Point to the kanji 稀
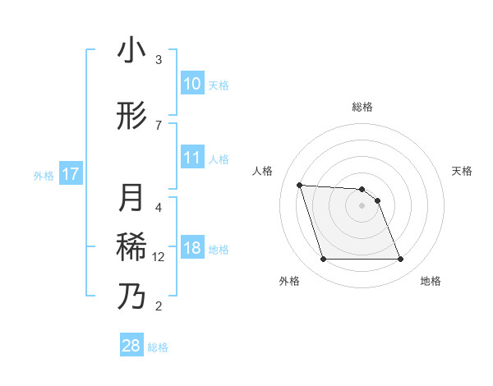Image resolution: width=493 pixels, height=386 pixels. point(131,247)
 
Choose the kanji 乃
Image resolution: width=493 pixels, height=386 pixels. point(131,296)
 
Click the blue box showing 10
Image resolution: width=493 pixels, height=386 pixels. point(192,84)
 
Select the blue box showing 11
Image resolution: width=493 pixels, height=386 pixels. point(192,158)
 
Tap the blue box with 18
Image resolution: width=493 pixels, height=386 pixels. point(192,248)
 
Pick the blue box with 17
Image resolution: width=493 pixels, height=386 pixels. point(70,174)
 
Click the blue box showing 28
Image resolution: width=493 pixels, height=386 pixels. point(131,346)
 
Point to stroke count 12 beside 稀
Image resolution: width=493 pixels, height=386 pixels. point(159,257)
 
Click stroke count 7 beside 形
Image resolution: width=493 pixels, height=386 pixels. point(159,126)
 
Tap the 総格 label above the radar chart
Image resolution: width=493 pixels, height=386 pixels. point(362,107)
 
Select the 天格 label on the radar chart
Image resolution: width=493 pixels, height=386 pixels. point(463,171)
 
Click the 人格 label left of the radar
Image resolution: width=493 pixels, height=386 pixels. point(263,171)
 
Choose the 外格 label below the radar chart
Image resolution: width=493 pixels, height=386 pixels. point(289,281)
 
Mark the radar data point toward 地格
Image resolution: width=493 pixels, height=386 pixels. point(401,260)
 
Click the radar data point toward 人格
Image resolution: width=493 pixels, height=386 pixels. point(299,185)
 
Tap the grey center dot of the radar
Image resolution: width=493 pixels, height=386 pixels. point(362,205)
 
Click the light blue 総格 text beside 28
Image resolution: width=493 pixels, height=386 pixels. point(158,347)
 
